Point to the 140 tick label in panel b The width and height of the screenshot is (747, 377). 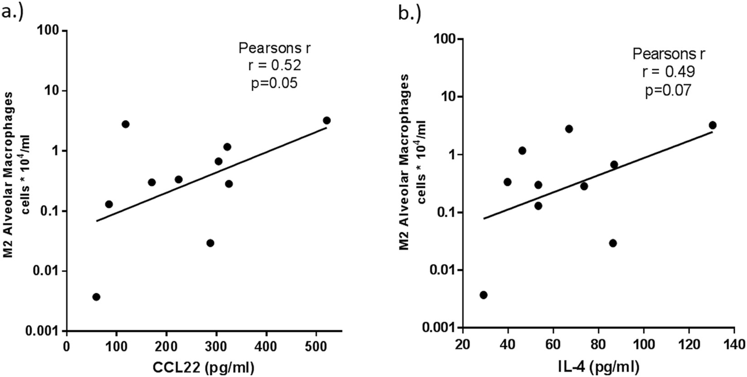tap(734, 343)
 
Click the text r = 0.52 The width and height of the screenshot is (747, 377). tap(274, 66)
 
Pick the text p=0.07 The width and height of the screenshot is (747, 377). tap(668, 91)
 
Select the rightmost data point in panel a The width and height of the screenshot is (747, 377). tap(326, 120)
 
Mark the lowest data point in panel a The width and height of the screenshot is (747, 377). tap(96, 297)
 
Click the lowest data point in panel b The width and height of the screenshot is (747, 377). tap(483, 295)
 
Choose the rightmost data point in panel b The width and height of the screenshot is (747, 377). tap(712, 125)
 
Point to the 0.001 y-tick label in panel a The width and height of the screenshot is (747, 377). tap(44, 331)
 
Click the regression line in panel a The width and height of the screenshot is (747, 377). tap(211, 174)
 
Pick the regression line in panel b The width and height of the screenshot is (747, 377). tap(598, 175)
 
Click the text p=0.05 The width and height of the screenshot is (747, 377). tap(274, 83)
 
